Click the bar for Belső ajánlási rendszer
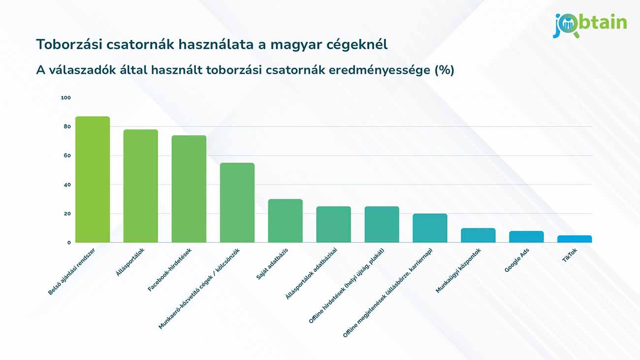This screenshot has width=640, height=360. (x=93, y=179)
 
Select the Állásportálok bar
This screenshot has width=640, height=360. (x=141, y=186)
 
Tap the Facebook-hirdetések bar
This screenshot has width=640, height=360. (x=189, y=189)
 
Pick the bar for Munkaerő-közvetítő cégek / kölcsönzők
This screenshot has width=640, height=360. (x=237, y=202)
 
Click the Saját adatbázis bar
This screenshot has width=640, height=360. (x=286, y=221)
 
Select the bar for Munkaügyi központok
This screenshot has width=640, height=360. (x=478, y=235)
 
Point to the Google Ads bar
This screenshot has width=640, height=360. (x=526, y=237)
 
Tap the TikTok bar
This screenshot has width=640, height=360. (x=575, y=239)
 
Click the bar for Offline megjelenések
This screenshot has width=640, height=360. (x=430, y=228)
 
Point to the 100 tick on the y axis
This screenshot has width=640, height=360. (x=66, y=98)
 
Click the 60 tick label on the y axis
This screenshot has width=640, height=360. (x=67, y=156)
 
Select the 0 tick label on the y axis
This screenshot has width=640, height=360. (x=69, y=242)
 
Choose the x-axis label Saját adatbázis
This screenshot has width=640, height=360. (x=272, y=264)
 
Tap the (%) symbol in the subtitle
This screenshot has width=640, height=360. (x=444, y=70)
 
